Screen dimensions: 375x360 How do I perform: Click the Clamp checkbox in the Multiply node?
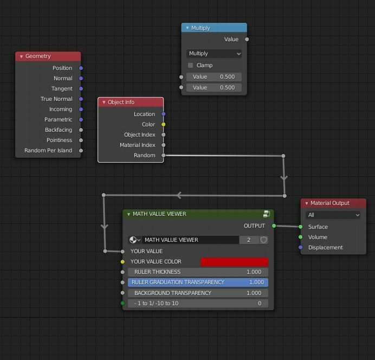(190, 65)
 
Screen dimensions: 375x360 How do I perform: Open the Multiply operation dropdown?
(214, 54)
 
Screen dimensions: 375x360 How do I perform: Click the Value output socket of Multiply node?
(247, 39)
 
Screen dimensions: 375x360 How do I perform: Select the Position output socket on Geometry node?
(81, 68)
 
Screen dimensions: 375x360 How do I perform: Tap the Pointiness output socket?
(81, 140)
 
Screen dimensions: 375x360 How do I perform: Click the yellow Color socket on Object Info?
(163, 124)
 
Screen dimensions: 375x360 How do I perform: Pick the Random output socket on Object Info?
(163, 156)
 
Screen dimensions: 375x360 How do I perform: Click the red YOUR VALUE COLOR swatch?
(234, 262)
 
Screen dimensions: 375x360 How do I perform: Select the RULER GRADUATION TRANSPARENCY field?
(198, 282)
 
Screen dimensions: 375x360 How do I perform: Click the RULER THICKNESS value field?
(198, 272)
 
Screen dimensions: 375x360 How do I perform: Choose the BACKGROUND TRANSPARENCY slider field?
(198, 293)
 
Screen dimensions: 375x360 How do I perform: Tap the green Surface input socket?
(301, 227)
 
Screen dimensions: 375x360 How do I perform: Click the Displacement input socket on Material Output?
(301, 247)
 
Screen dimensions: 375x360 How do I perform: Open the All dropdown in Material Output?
(333, 215)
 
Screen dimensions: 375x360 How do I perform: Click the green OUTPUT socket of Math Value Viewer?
(274, 226)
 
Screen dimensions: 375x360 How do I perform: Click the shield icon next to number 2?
(263, 240)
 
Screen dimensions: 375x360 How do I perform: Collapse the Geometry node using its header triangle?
(21, 56)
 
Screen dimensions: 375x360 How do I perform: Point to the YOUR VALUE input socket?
(122, 252)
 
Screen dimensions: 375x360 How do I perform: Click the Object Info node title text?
(121, 102)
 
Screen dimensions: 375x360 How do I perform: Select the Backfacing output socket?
(81, 130)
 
